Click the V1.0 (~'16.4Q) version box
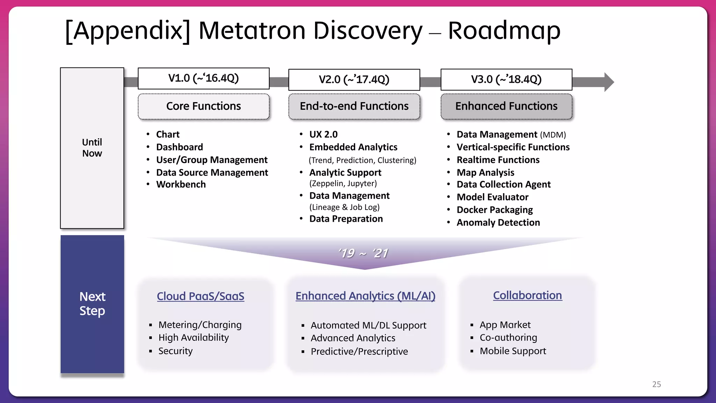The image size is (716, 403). pos(203,78)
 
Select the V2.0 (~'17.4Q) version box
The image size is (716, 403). pos(354,80)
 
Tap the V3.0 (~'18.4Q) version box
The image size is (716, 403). pos(506,80)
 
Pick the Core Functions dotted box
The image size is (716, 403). pos(203,106)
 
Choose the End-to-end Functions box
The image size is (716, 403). pos(354,106)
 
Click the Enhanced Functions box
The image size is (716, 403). pos(506,106)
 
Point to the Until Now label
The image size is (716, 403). pos(92,148)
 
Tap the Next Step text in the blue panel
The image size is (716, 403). pos(92,304)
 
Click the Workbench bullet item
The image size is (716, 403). pos(181,184)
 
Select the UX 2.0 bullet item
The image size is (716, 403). pos(323,134)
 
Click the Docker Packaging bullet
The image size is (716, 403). pos(494,210)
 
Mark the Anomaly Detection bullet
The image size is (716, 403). pos(498,222)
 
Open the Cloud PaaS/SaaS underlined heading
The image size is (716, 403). pos(200,296)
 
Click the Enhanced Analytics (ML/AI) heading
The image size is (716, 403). pos(365,296)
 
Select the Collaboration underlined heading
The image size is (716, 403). pos(527,295)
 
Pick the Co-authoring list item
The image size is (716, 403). pos(508,338)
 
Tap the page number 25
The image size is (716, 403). pos(656,384)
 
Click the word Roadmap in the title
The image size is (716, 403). pos(504,31)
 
